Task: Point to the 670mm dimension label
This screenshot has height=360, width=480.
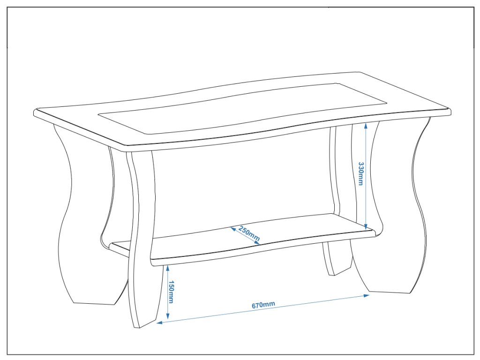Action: pyautogui.click(x=263, y=305)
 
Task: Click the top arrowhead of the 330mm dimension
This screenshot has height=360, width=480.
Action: pyautogui.click(x=366, y=124)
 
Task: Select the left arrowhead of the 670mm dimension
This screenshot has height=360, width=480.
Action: pyautogui.click(x=159, y=322)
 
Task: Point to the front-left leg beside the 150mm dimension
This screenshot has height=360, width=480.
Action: pyautogui.click(x=143, y=262)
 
